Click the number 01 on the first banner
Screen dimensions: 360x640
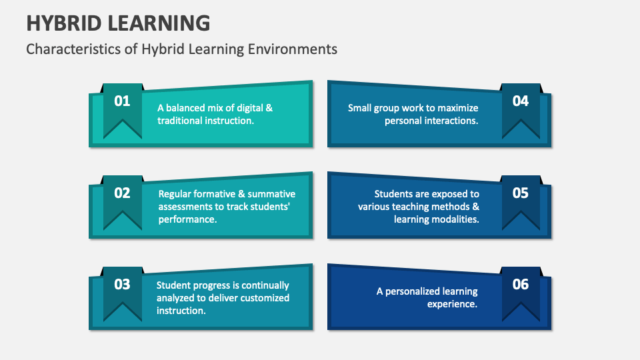pos(122,101)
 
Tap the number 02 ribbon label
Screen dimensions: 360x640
pos(122,193)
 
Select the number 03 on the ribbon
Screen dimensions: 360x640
pos(122,285)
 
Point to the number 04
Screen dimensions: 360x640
pos(520,101)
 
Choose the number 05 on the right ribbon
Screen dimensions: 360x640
pos(520,193)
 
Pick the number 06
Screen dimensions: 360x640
pos(520,285)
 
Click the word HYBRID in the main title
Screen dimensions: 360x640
pos(62,23)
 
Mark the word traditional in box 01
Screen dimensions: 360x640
pos(181,121)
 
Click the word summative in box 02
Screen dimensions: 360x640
pos(270,194)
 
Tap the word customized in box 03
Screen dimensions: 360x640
pos(264,298)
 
